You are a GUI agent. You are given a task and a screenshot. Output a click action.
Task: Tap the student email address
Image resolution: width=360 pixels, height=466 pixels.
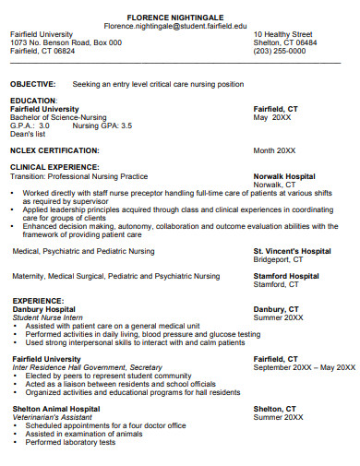coord(175,26)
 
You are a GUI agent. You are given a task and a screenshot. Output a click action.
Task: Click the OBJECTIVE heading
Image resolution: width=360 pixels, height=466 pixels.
coord(33,84)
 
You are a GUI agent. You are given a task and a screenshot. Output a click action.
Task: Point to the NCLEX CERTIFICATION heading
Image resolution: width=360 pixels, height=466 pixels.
coord(54,149)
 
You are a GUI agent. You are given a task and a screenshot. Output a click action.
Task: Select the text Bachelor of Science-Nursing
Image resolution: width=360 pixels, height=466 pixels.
coord(58,117)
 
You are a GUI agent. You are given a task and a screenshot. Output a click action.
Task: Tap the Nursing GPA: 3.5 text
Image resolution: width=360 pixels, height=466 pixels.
coord(102,125)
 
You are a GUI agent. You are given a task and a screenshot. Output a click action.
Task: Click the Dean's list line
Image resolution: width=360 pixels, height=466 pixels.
coord(28,134)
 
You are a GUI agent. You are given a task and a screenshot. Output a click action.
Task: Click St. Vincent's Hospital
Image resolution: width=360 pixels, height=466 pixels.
coord(292,250)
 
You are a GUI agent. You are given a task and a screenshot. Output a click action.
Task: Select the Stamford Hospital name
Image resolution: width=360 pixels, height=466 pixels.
coord(286,276)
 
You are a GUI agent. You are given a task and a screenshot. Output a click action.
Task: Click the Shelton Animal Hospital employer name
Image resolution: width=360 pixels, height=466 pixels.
coord(56,408)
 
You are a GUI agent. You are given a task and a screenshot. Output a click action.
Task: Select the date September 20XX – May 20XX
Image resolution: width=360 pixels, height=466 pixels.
coord(304,367)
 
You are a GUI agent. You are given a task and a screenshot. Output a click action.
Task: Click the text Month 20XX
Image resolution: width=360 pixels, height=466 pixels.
coord(274,150)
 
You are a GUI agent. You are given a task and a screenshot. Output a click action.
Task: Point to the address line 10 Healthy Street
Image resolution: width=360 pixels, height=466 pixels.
coord(283,34)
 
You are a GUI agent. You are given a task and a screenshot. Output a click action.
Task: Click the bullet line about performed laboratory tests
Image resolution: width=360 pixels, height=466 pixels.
coord(70,442)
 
